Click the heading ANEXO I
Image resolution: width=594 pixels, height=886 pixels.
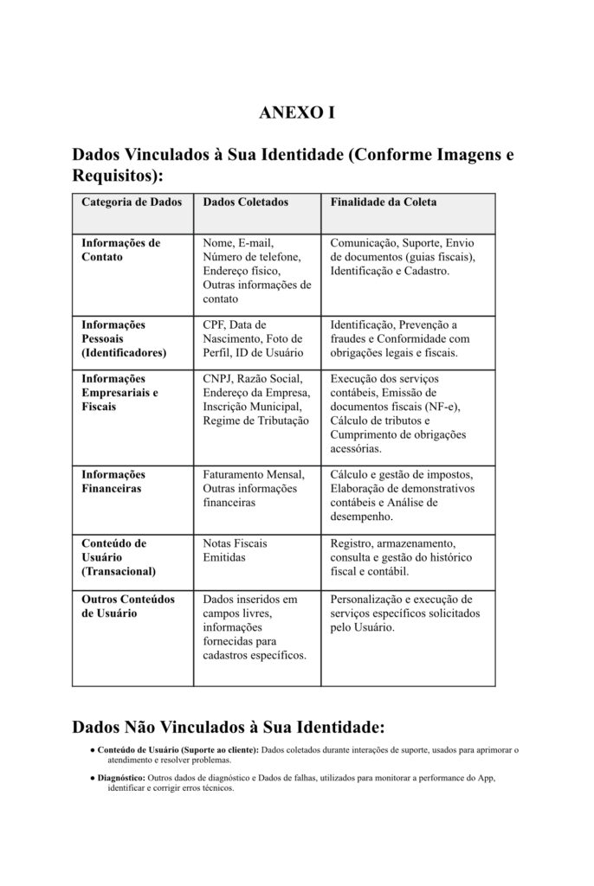(x=296, y=113)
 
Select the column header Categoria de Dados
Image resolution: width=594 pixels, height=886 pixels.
(x=132, y=202)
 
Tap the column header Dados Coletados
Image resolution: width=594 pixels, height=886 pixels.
(x=245, y=202)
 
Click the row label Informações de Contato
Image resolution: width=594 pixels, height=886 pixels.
(x=121, y=250)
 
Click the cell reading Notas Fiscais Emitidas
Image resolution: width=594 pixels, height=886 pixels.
(x=235, y=550)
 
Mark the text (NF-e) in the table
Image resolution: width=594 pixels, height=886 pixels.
(x=440, y=407)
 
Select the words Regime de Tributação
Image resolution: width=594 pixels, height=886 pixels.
(x=255, y=421)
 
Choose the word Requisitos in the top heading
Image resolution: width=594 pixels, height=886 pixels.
(x=113, y=177)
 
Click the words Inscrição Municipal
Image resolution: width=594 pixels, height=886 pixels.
(x=252, y=407)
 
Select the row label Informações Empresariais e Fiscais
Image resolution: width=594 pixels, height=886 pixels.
(x=119, y=393)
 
